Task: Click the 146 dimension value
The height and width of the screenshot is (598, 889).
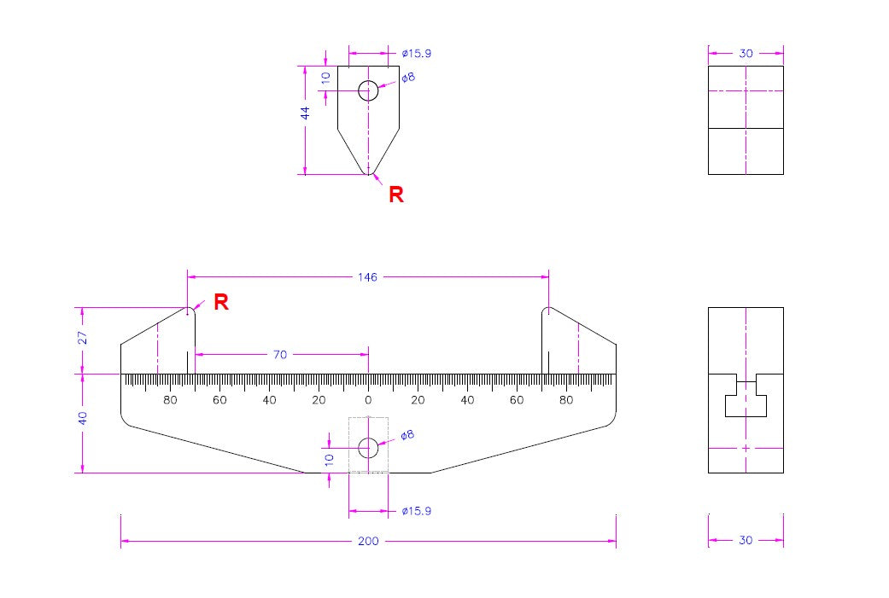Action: [x=368, y=277]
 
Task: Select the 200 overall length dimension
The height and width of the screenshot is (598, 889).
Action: [x=368, y=542]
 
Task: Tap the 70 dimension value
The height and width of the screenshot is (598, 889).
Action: [x=280, y=355]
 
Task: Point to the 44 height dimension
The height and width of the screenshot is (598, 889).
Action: [x=306, y=113]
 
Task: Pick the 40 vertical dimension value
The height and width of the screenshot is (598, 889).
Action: [x=83, y=418]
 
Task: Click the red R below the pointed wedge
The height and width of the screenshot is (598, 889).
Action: [x=396, y=194]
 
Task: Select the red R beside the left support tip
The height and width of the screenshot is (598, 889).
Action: [x=220, y=302]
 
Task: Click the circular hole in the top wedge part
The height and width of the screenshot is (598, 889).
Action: [x=368, y=90]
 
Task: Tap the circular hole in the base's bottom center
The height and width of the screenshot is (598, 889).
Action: [x=368, y=448]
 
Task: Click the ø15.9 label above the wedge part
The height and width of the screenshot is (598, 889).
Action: [x=416, y=54]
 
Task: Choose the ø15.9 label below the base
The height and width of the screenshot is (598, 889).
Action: [x=416, y=511]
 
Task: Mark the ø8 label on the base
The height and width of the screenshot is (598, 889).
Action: [x=407, y=435]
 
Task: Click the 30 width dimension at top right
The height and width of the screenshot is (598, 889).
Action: [x=746, y=54]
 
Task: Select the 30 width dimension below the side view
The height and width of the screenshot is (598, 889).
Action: [x=746, y=541]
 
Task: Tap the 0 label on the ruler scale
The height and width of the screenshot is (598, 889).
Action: [x=368, y=400]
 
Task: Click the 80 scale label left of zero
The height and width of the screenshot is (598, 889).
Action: [x=170, y=400]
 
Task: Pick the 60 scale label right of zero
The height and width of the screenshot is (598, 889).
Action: [x=517, y=400]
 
